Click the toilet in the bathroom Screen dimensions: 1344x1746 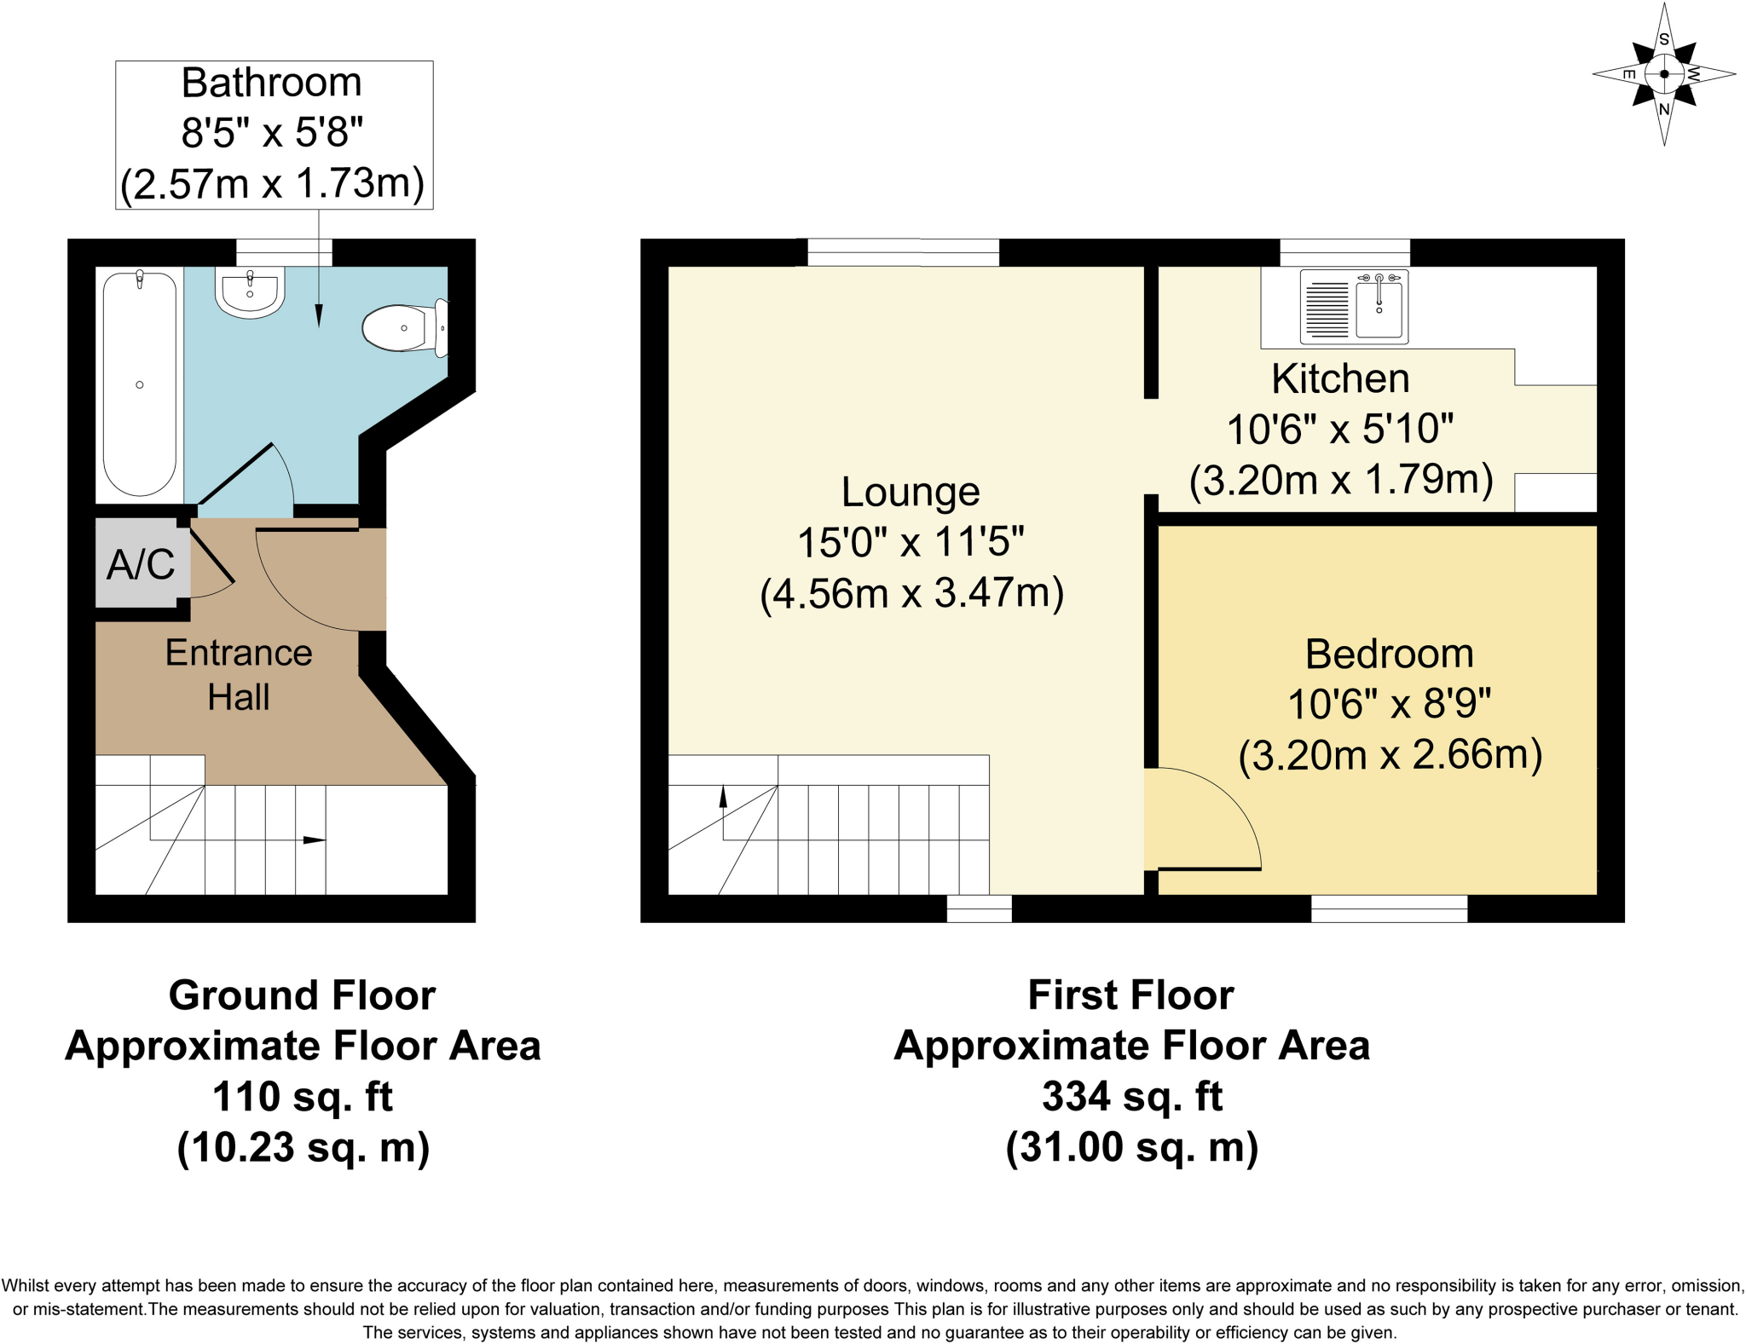(x=402, y=328)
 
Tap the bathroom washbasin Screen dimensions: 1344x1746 (x=250, y=292)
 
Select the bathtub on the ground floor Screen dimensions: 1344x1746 (x=140, y=384)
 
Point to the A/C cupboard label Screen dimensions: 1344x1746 (x=141, y=564)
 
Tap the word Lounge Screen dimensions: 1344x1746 (x=911, y=492)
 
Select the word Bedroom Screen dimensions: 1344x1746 (x=1389, y=654)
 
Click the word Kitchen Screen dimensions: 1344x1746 (x=1340, y=378)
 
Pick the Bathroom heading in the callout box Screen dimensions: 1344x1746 (x=272, y=83)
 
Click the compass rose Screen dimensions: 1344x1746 (x=1663, y=74)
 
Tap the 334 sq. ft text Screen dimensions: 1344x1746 (x=1131, y=1096)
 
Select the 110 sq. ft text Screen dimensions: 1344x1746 (x=302, y=1097)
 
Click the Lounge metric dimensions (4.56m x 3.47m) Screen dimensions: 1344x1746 (x=911, y=593)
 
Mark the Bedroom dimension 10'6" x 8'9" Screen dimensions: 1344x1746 (x=1389, y=704)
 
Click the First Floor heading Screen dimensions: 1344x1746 (x=1130, y=995)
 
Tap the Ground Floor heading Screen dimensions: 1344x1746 (x=302, y=995)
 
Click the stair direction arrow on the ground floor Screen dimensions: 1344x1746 (x=314, y=840)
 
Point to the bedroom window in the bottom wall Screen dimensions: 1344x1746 (x=1389, y=908)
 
